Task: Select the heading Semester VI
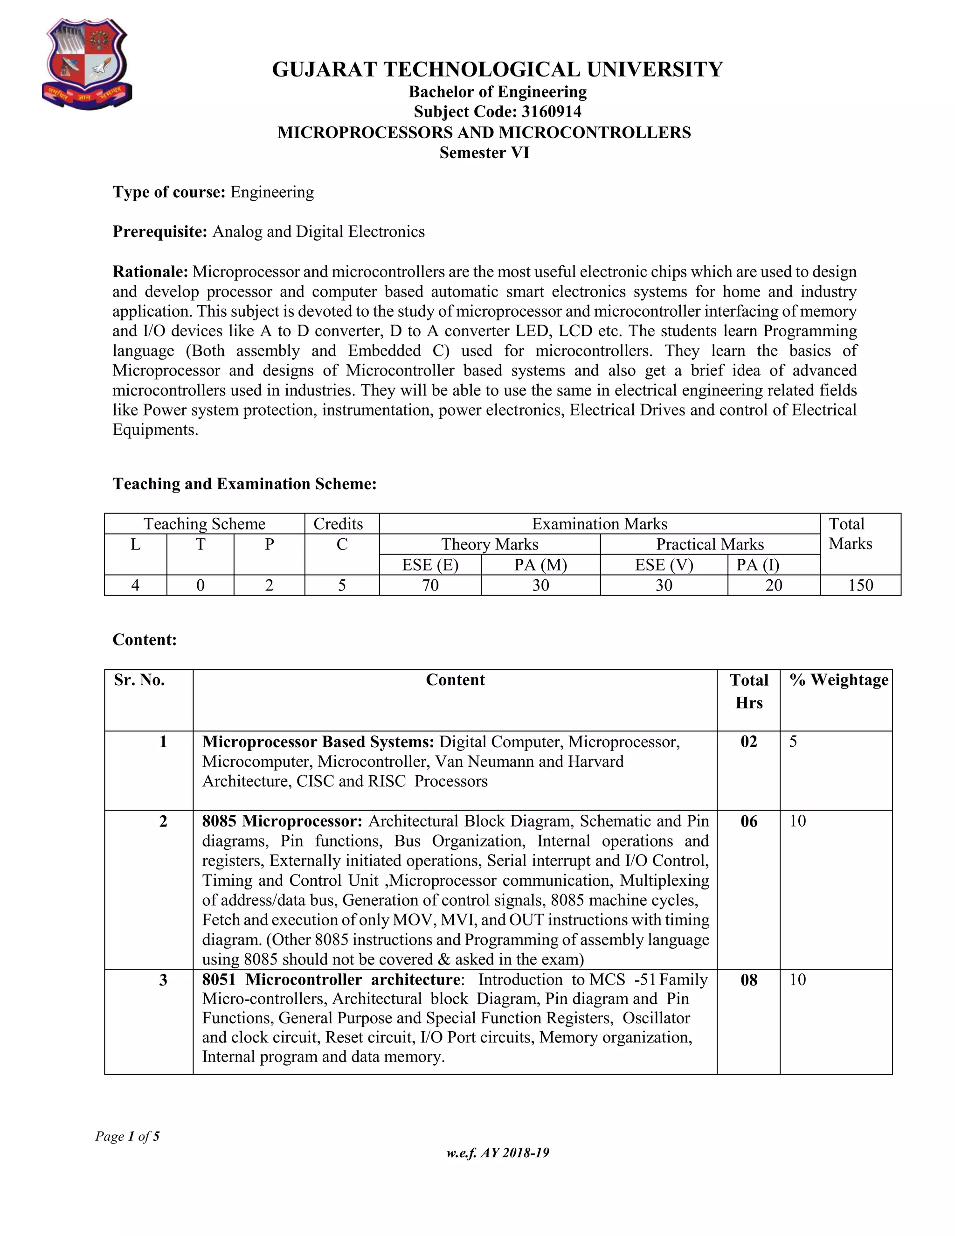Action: pyautogui.click(x=484, y=153)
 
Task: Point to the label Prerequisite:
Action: pyautogui.click(x=160, y=232)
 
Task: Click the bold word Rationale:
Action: pyautogui.click(x=151, y=271)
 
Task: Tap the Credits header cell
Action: pyautogui.click(x=339, y=523)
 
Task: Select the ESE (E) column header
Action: pyautogui.click(x=430, y=565)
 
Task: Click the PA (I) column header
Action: pyautogui.click(x=758, y=565)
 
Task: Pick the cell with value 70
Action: pyautogui.click(x=430, y=585)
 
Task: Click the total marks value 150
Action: pyautogui.click(x=860, y=585)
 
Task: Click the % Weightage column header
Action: pyautogui.click(x=839, y=680)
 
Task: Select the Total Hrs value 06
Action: pyautogui.click(x=748, y=821)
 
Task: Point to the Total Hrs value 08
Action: pyautogui.click(x=748, y=979)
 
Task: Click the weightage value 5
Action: pyautogui.click(x=793, y=742)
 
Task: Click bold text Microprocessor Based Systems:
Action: pyautogui.click(x=318, y=742)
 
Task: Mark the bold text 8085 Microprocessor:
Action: pyautogui.click(x=282, y=821)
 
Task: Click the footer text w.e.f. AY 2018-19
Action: pyautogui.click(x=497, y=1153)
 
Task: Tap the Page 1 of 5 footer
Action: pyautogui.click(x=127, y=1136)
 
